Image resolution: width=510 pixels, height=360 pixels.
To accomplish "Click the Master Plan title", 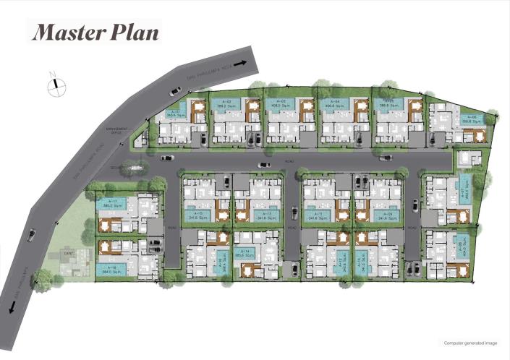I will (x=94, y=32).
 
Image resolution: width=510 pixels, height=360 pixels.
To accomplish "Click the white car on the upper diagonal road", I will (x=175, y=91).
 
